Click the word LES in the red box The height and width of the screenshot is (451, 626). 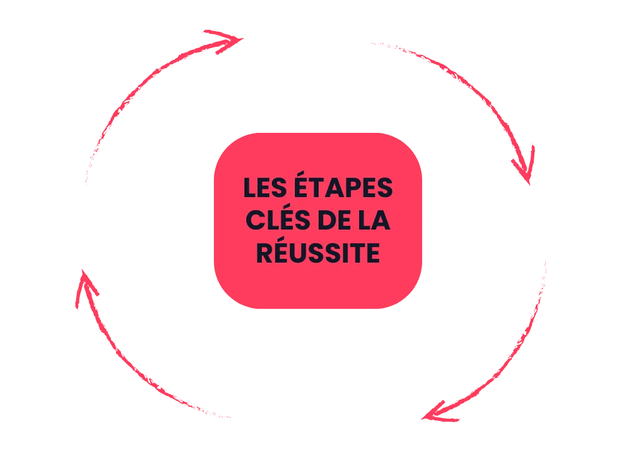coord(262,188)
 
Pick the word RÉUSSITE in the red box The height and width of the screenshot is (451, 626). coord(318,253)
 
